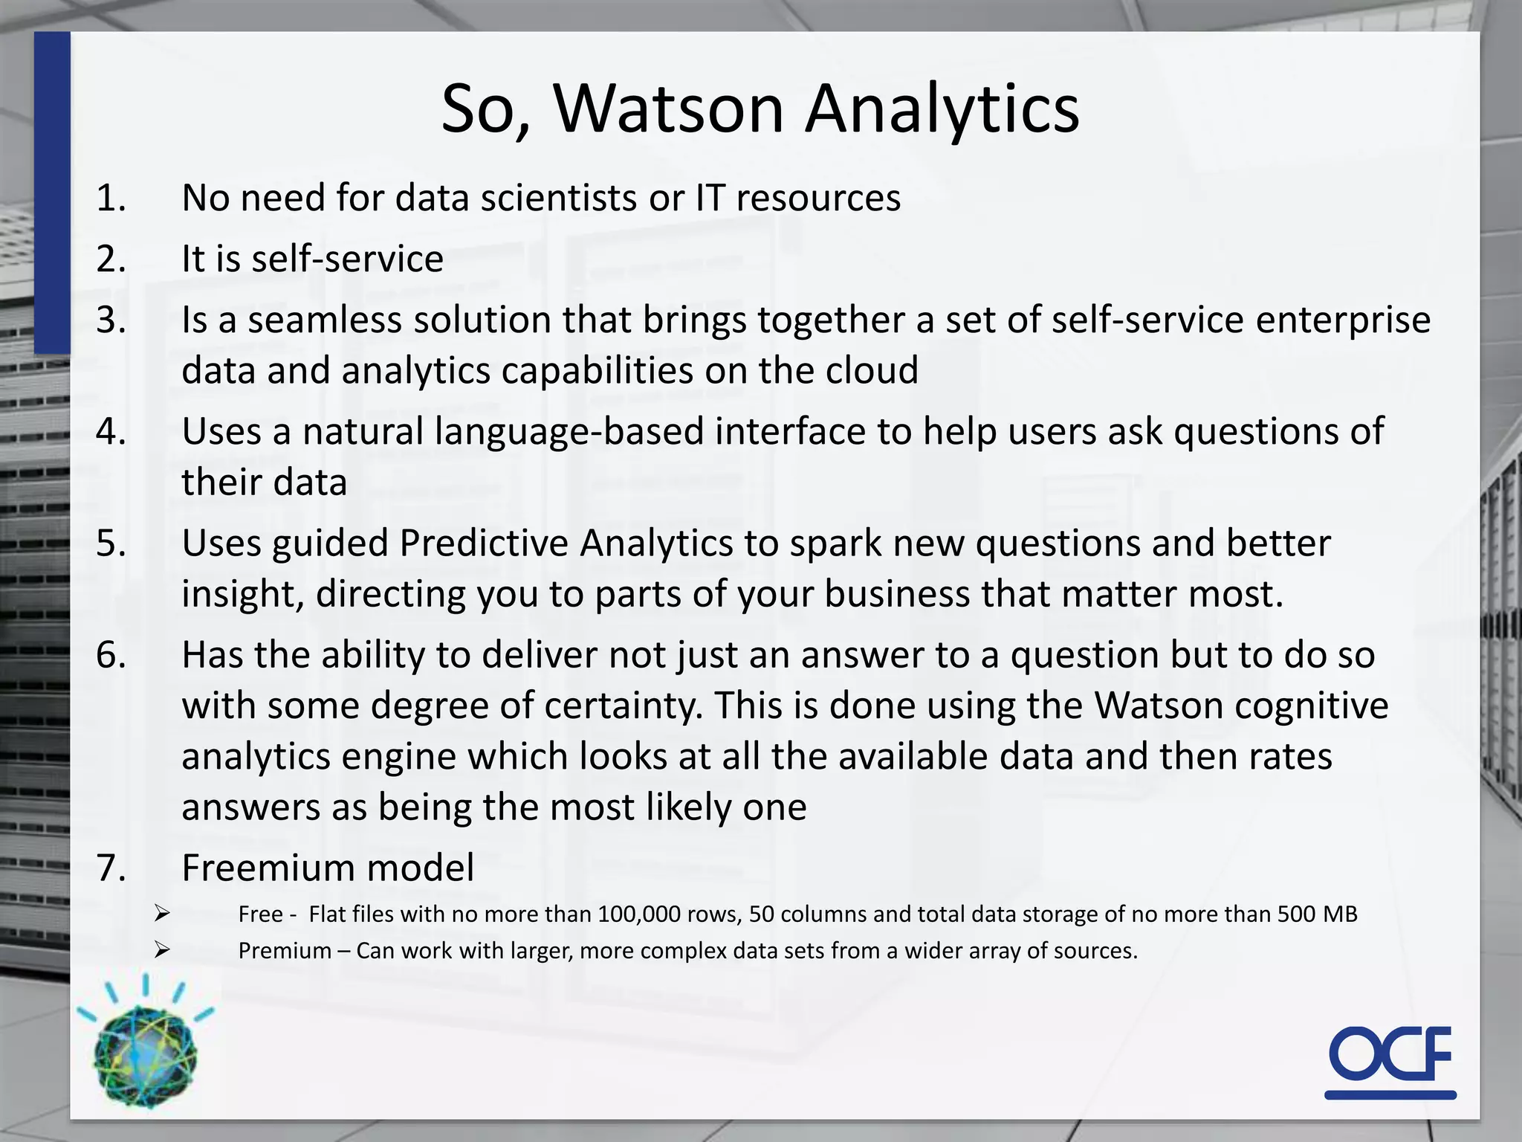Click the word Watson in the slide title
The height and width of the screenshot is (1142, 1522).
coord(668,109)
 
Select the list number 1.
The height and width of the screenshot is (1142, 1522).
coord(111,199)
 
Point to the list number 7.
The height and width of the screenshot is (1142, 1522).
coord(111,868)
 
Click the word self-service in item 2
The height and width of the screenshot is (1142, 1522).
coord(347,259)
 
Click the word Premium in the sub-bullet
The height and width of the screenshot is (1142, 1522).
coord(285,951)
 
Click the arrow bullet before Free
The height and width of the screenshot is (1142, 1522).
coord(163,914)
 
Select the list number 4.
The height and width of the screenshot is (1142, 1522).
coord(111,432)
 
